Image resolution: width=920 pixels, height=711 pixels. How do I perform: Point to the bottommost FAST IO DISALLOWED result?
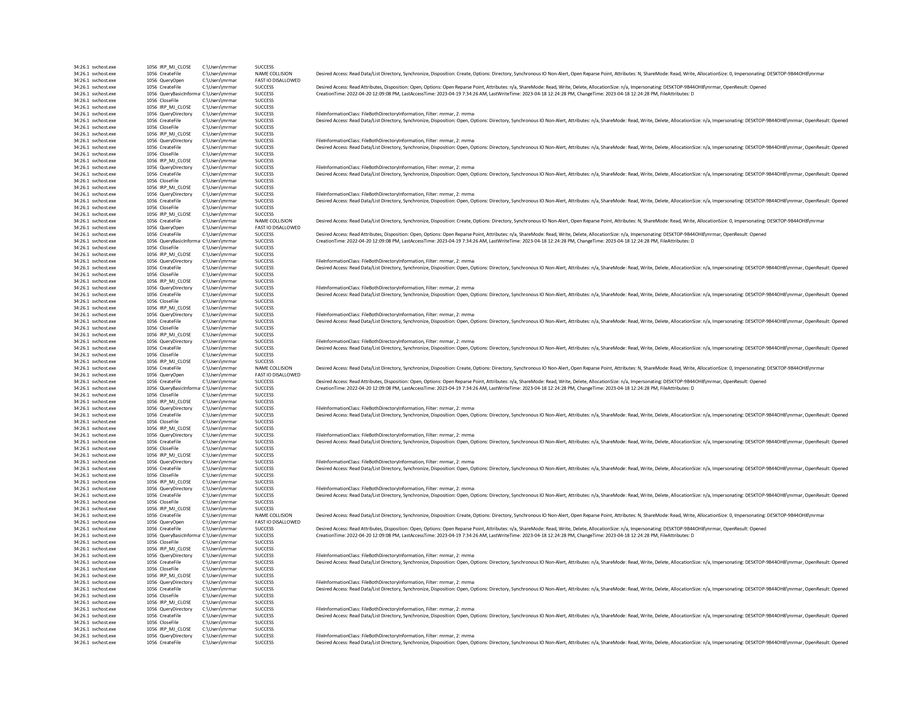278,522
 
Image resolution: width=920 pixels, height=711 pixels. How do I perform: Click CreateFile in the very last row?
170,642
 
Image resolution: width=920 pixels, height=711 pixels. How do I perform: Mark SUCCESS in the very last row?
264,642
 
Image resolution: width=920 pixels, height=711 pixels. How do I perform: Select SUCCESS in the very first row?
264,67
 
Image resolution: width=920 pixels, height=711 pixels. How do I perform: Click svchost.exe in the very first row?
104,67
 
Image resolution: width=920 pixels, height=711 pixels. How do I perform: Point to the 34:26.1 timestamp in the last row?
81,642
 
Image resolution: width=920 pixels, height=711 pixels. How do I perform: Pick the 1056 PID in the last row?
152,642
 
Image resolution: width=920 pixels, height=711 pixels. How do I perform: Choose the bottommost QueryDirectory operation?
176,636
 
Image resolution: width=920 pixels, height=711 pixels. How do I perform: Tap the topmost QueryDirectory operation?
176,114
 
